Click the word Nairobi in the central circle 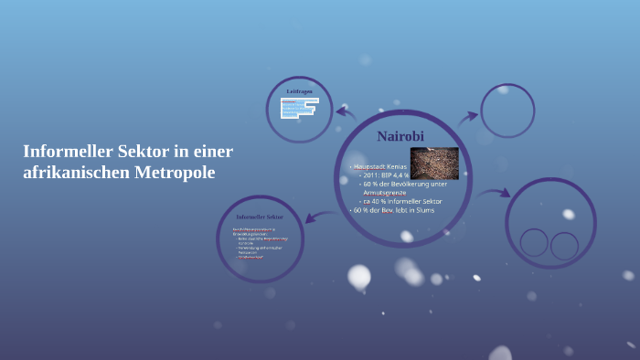pos(401,136)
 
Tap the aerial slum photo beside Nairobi pos(434,164)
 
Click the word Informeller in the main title pos(63,151)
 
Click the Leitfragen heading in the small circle pos(299,92)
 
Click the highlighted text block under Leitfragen pos(297,109)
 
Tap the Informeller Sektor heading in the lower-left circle pos(260,217)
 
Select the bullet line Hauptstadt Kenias pos(380,167)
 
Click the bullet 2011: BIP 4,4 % pos(385,176)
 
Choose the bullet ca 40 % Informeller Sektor pos(402,201)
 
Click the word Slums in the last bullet pos(422,210)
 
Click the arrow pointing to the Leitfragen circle pos(346,113)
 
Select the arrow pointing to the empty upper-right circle pos(467,117)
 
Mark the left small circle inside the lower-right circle pos(534,242)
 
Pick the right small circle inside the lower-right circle pos(564,245)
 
